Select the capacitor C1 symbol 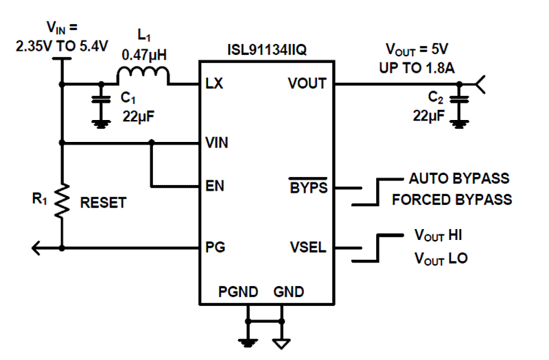tap(102, 99)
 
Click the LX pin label tap(213, 84)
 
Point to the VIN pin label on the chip tap(217, 143)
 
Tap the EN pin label tap(214, 185)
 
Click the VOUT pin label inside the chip tap(307, 84)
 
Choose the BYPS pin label tap(309, 187)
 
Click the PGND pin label tap(238, 291)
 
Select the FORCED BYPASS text tap(452, 200)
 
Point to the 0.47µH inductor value tap(144, 52)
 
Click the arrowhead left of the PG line tap(36, 248)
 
